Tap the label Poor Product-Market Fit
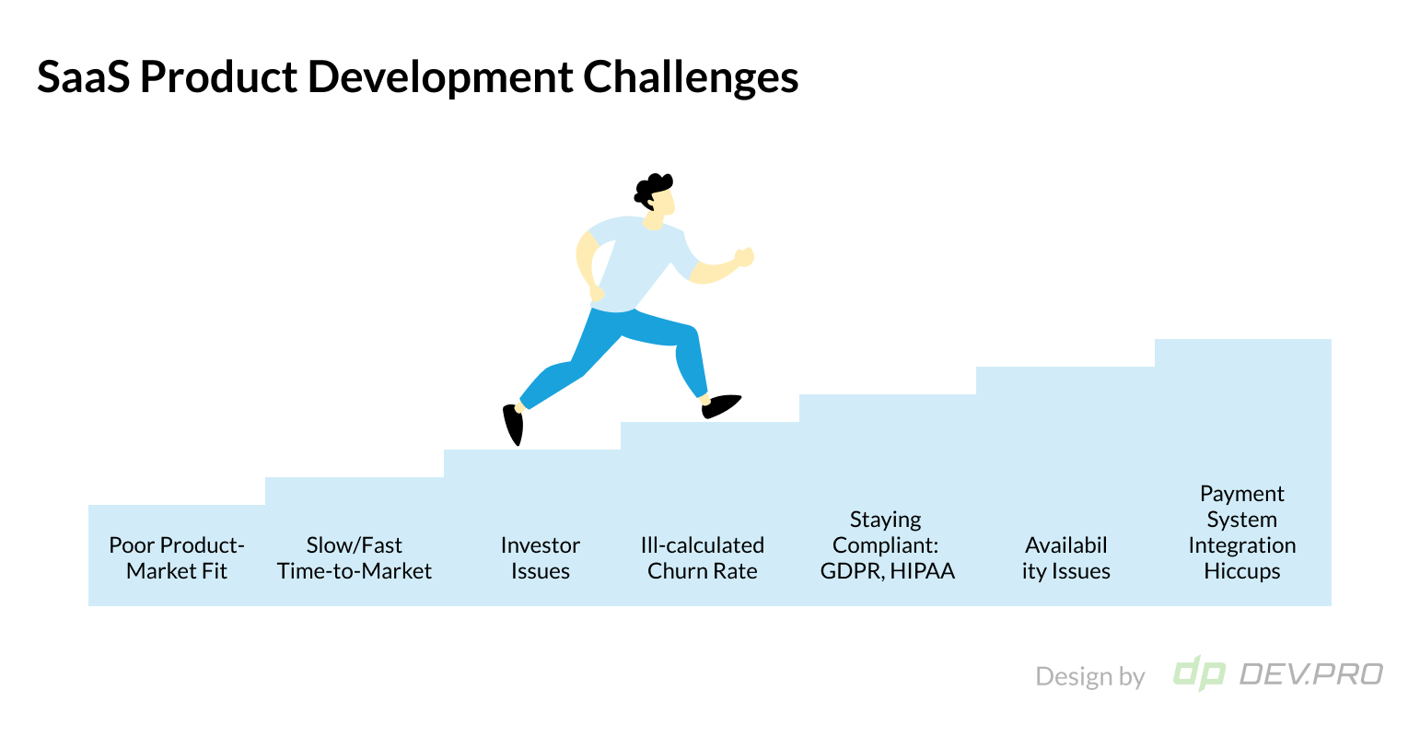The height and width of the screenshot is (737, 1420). coord(177,557)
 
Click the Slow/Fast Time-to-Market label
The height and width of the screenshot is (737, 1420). coord(355,557)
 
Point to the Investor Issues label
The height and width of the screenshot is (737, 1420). coord(541,557)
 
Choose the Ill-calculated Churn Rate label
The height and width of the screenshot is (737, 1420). coord(703,557)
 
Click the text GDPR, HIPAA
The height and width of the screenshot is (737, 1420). coord(888,571)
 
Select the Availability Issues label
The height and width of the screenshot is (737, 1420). coord(1066,557)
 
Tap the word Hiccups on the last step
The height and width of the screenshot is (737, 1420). coord(1242,571)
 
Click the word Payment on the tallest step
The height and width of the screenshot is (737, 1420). coord(1242,494)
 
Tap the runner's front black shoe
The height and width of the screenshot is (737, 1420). coord(721,405)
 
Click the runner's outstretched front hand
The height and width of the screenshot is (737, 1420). coord(743,257)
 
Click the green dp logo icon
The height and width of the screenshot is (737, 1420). coord(1198,673)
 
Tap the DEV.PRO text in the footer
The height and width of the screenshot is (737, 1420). coord(1310,674)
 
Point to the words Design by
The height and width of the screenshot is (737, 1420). coord(1089,676)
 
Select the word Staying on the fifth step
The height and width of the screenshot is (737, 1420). coord(885,520)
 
